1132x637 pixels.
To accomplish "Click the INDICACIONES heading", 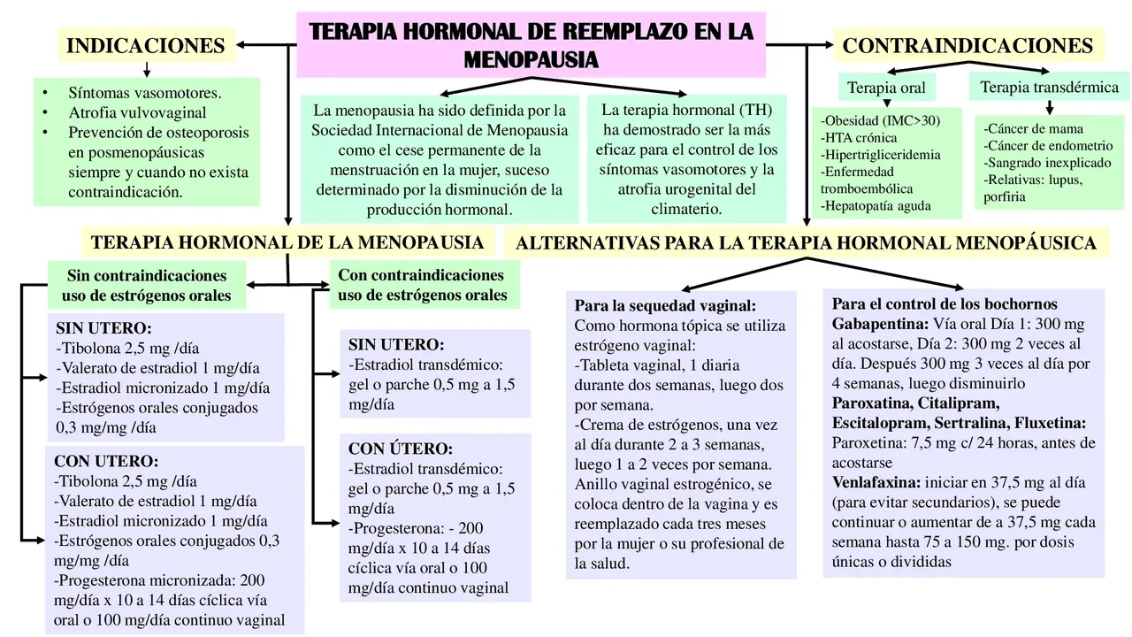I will (146, 45).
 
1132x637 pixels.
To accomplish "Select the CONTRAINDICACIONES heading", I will (968, 45).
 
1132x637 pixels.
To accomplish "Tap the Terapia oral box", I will (886, 88).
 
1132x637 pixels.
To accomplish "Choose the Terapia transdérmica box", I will (1049, 87).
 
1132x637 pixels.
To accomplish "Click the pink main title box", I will (531, 44).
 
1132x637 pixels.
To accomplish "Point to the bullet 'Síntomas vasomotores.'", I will (145, 92).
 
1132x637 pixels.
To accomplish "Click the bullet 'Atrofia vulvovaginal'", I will (137, 112).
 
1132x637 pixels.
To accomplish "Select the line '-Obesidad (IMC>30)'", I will (880, 120).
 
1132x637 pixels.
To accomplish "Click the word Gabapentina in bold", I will (878, 324).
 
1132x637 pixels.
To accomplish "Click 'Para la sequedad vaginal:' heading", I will (665, 306).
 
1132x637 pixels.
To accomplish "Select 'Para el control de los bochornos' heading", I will (945, 303).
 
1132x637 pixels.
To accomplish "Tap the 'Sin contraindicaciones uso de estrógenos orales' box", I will (147, 285).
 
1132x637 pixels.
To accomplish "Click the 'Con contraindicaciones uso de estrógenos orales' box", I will (422, 284).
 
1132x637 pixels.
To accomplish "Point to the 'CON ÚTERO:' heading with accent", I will (400, 449).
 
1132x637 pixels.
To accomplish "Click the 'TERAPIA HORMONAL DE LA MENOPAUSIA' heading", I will (287, 242).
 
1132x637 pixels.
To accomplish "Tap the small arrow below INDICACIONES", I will (146, 69).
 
